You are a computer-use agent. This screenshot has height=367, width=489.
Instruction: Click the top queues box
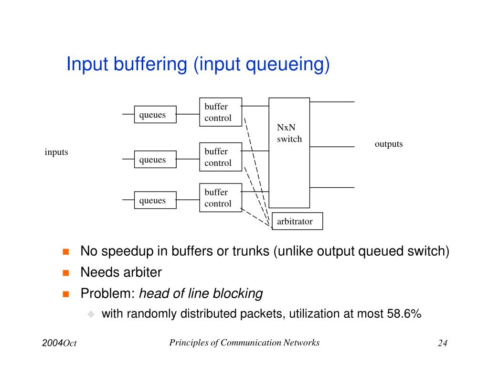pyautogui.click(x=155, y=115)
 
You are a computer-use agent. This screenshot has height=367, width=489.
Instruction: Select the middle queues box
pyautogui.click(x=155, y=160)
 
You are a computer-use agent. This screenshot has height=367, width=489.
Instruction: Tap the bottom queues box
pyautogui.click(x=155, y=200)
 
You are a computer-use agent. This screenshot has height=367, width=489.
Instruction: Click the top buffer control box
pyautogui.click(x=220, y=112)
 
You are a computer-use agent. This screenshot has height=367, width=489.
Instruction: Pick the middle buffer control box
pyautogui.click(x=220, y=157)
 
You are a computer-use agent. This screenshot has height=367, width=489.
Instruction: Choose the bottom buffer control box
pyautogui.click(x=220, y=198)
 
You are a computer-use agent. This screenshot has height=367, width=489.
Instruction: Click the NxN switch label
pyautogui.click(x=289, y=133)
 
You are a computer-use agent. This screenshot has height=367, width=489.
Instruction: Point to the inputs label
pyautogui.click(x=56, y=152)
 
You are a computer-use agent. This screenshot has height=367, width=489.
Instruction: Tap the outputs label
pyautogui.click(x=389, y=144)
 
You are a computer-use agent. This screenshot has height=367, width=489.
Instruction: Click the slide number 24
pyautogui.click(x=442, y=343)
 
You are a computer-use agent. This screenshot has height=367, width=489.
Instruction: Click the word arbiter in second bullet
pyautogui.click(x=143, y=272)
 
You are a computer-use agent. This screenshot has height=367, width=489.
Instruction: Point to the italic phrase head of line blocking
pyautogui.click(x=201, y=293)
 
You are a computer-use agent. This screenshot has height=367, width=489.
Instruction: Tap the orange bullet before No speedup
pyautogui.click(x=66, y=251)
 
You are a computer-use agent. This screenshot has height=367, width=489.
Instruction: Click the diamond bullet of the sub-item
pyautogui.click(x=91, y=314)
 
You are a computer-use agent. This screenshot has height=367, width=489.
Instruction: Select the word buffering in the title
pyautogui.click(x=150, y=65)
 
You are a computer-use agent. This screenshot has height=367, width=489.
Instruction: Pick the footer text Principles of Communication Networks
pyautogui.click(x=244, y=342)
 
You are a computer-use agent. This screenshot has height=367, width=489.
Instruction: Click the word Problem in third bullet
pyautogui.click(x=107, y=293)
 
